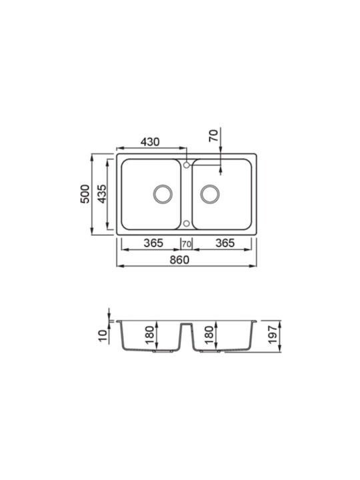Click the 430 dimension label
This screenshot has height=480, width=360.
(150, 142)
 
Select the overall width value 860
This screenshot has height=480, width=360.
(180, 260)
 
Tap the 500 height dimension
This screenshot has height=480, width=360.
(85, 194)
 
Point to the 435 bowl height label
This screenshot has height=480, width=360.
(101, 194)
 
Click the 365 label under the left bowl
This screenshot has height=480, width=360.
(154, 243)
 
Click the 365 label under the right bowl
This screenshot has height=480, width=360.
(225, 243)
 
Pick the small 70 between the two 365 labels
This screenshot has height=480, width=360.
(187, 244)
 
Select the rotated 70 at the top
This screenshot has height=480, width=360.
(214, 135)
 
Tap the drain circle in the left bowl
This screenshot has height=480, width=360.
(163, 194)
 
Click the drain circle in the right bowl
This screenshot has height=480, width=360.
(210, 194)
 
